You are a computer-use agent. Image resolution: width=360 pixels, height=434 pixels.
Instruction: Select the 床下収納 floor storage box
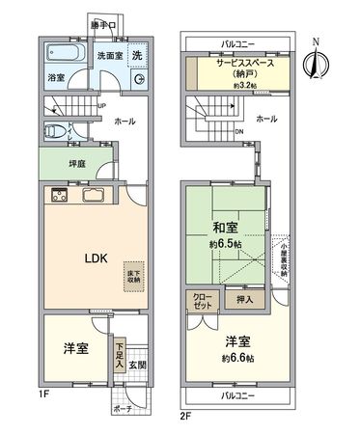(x=133, y=279)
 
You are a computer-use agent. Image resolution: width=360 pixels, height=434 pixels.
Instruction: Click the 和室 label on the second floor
(x=228, y=229)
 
